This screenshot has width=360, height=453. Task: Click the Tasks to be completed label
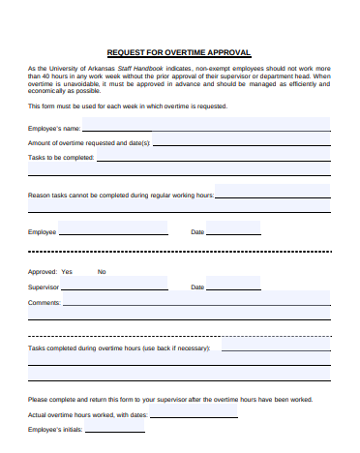tap(61, 157)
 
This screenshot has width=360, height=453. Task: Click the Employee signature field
tap(112, 231)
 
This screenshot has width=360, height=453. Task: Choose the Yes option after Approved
tap(67, 272)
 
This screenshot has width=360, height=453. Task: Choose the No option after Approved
tap(102, 272)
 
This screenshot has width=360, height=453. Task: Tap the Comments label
tap(45, 303)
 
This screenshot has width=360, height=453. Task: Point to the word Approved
tap(43, 272)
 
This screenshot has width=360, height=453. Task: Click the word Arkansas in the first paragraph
tap(101, 70)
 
